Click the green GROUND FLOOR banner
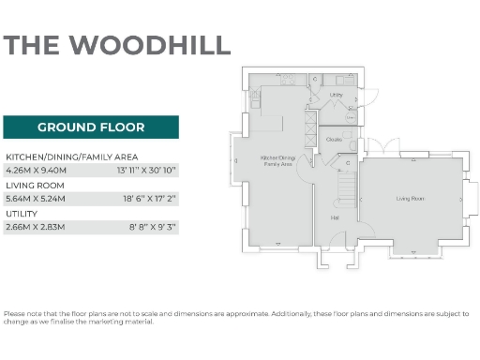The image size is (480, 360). click(90, 127)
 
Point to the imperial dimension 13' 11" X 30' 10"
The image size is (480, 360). click(145, 171)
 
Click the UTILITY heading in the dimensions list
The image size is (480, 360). click(22, 213)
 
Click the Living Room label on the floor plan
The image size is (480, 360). click(410, 199)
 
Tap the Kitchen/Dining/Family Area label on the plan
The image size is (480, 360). click(277, 160)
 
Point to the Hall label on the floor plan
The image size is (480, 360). click(334, 217)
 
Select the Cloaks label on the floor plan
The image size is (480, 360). click(333, 140)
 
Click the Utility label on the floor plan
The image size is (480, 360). click(337, 95)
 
